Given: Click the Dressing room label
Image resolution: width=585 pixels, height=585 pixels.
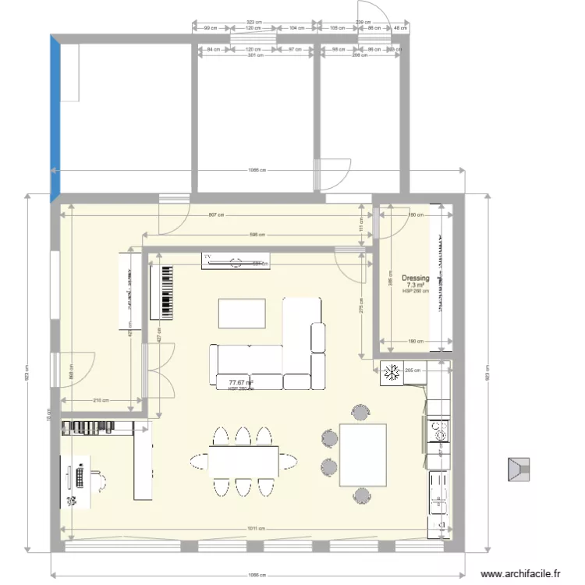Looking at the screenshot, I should click(415, 278).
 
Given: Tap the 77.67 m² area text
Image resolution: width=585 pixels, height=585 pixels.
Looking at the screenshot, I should click(242, 382).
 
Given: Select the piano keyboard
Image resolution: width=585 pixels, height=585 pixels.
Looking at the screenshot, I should click(165, 292).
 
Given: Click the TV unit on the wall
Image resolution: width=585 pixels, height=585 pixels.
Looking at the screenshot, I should click(236, 261).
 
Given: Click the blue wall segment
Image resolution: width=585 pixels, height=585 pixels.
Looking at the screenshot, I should click(55, 117).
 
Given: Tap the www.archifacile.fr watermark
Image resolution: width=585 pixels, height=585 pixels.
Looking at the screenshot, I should click(521, 573).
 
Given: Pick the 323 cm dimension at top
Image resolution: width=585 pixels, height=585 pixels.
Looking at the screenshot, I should click(253, 22).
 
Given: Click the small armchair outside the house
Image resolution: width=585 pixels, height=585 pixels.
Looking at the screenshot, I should click(518, 470).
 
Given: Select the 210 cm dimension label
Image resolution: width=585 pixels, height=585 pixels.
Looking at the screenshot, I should click(100, 401).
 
